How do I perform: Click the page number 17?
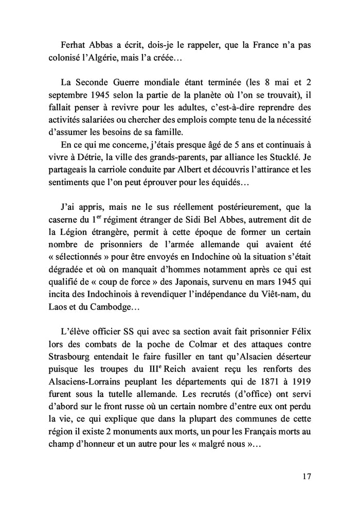pyautogui.click(x=307, y=477)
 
